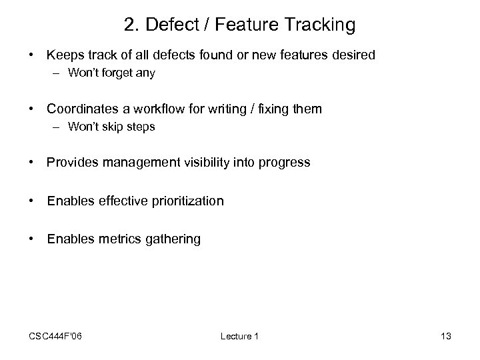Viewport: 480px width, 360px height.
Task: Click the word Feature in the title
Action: click(236, 25)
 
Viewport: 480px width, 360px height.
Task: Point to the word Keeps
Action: click(64, 55)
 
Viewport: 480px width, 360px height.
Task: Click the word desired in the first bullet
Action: click(355, 55)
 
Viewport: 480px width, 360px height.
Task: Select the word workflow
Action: click(175, 108)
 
